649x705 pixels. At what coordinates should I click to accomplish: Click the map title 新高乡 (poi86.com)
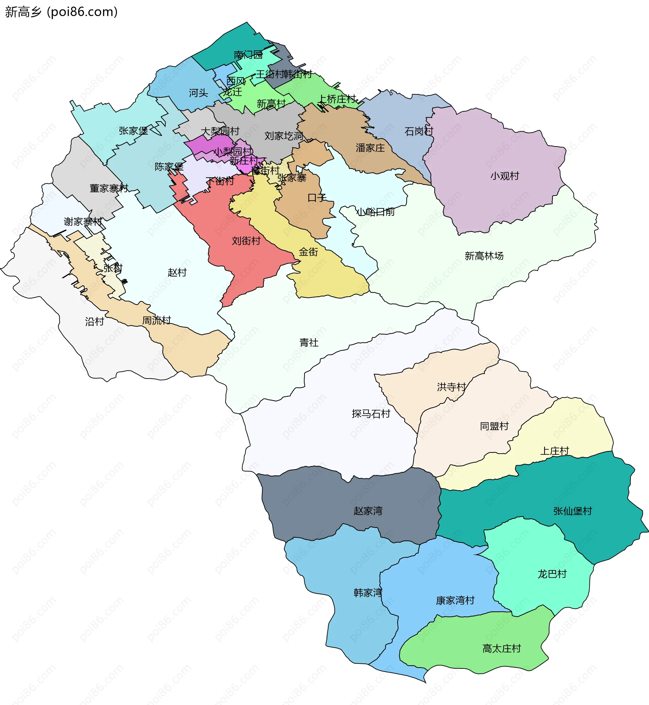[x=62, y=12]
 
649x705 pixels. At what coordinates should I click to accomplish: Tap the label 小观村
[x=505, y=176]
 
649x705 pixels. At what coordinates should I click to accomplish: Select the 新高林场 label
[x=484, y=256]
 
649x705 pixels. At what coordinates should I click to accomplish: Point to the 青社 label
[x=309, y=342]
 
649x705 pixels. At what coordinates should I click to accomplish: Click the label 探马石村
[x=371, y=414]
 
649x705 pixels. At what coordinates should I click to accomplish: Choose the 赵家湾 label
[x=368, y=510]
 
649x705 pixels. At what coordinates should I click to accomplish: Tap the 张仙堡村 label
[x=573, y=511]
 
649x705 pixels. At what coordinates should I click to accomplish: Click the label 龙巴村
[x=552, y=574]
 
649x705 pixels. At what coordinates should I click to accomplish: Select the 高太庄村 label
[x=502, y=649]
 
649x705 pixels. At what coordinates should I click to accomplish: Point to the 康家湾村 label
[x=455, y=600]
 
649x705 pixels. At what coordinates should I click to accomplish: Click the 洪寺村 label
[x=451, y=387]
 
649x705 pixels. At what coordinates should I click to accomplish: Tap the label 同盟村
[x=494, y=426]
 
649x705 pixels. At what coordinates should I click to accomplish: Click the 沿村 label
[x=94, y=322]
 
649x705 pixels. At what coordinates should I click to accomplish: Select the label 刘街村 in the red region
[x=246, y=241]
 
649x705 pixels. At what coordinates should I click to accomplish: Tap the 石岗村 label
[x=418, y=132]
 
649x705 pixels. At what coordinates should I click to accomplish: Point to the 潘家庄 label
[x=370, y=148]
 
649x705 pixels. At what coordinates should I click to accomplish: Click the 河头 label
[x=198, y=93]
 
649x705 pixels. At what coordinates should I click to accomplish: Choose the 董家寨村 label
[x=109, y=188]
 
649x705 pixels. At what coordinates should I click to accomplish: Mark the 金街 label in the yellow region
[x=308, y=252]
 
